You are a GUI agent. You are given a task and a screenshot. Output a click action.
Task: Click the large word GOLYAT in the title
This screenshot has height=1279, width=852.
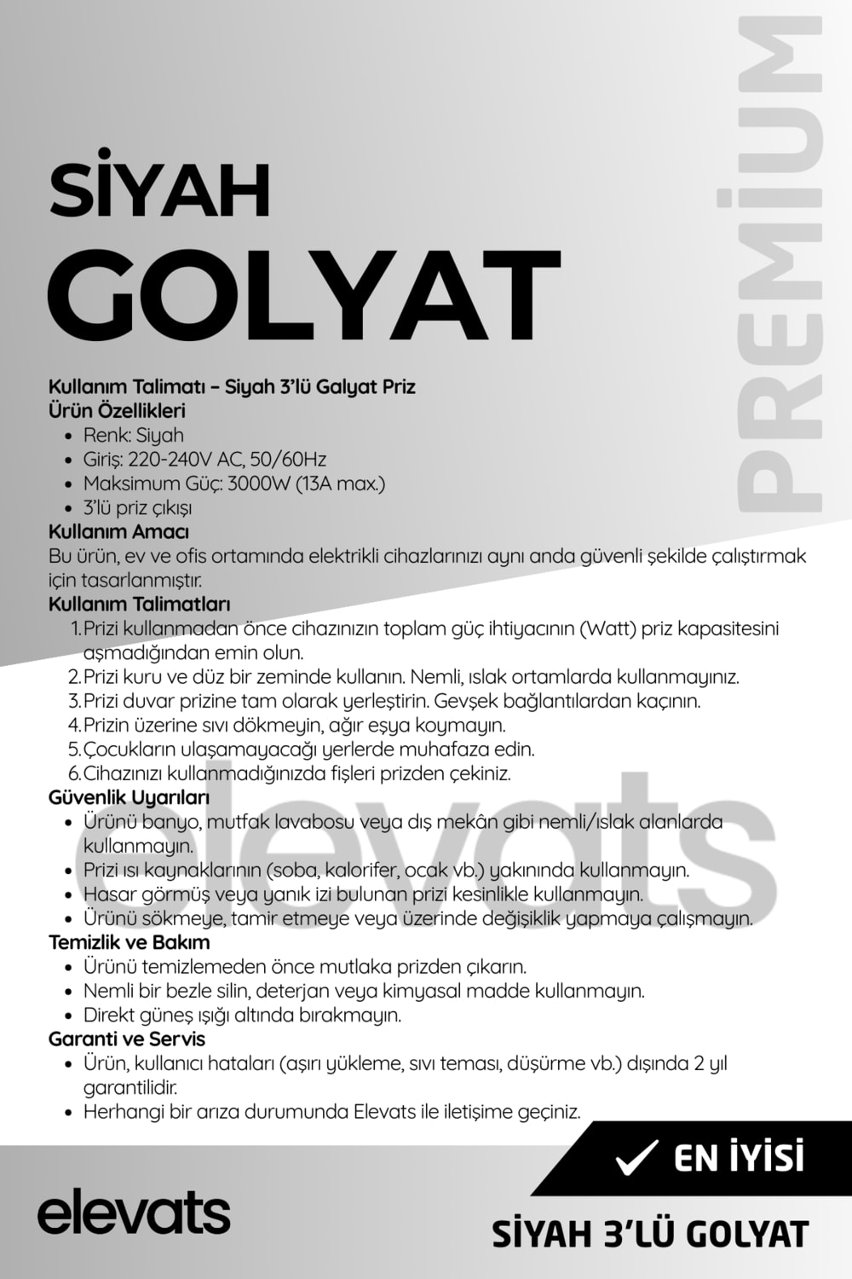click(x=304, y=296)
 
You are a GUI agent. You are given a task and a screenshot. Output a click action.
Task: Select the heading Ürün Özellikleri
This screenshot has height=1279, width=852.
click(x=117, y=410)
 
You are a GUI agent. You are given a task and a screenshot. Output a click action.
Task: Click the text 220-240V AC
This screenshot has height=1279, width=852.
click(x=183, y=459)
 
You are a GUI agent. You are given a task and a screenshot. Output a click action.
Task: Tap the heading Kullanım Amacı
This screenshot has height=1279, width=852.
click(x=118, y=531)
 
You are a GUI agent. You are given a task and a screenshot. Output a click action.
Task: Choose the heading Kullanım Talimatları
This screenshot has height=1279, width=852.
click(x=140, y=605)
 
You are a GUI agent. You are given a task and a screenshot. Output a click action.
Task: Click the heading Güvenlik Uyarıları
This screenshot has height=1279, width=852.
click(x=129, y=798)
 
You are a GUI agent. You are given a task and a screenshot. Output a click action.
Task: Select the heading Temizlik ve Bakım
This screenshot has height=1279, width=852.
click(x=129, y=943)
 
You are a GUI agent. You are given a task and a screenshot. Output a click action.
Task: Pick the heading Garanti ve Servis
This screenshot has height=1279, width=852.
click(x=127, y=1039)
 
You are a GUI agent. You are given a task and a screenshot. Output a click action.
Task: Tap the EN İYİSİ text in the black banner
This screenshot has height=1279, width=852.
click(x=739, y=1158)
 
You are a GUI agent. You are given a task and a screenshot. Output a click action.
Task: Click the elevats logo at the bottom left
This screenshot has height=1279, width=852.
click(x=134, y=1211)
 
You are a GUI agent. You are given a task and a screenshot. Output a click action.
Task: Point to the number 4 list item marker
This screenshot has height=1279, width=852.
click(x=73, y=726)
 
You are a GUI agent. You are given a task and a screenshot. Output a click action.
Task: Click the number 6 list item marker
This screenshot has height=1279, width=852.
click(x=73, y=774)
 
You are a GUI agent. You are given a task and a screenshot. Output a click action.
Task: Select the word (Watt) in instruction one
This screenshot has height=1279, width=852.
click(x=607, y=629)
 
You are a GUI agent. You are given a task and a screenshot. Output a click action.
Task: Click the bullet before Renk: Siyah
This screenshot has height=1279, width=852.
click(x=69, y=436)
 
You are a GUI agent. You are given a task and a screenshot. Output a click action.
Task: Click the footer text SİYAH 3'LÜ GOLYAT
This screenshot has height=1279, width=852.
click(x=650, y=1234)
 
